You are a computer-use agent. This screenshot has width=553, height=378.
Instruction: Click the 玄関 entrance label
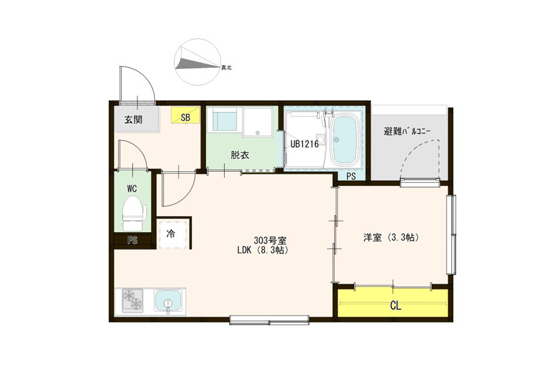[x=134, y=120]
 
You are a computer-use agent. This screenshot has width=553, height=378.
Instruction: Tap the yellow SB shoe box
[x=186, y=115]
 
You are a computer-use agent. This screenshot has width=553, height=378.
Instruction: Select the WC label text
[x=132, y=189]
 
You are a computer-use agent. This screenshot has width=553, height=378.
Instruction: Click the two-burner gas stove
[x=133, y=300]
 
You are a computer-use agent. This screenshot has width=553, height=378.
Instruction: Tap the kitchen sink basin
[x=168, y=301]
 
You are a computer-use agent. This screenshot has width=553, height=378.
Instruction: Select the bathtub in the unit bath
[x=345, y=141]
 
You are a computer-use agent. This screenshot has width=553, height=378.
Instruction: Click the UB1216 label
[x=304, y=144]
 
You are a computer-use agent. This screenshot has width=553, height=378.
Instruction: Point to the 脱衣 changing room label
[x=240, y=155]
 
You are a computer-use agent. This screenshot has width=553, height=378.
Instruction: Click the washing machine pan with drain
[x=258, y=122]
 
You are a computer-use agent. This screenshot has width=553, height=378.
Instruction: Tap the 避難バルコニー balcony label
[x=407, y=132]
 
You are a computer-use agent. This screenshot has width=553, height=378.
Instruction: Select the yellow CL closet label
[x=396, y=306]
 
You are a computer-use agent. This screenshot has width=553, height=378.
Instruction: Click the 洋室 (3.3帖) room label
[x=391, y=237]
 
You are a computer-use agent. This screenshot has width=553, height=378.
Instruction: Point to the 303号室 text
[x=270, y=241]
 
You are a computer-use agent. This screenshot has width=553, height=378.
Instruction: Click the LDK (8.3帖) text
[x=262, y=250]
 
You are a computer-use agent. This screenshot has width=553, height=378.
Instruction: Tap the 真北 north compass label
[x=226, y=68]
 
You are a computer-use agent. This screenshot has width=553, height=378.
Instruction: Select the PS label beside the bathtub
[x=351, y=176]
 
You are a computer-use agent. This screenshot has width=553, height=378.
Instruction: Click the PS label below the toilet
[x=132, y=241]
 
